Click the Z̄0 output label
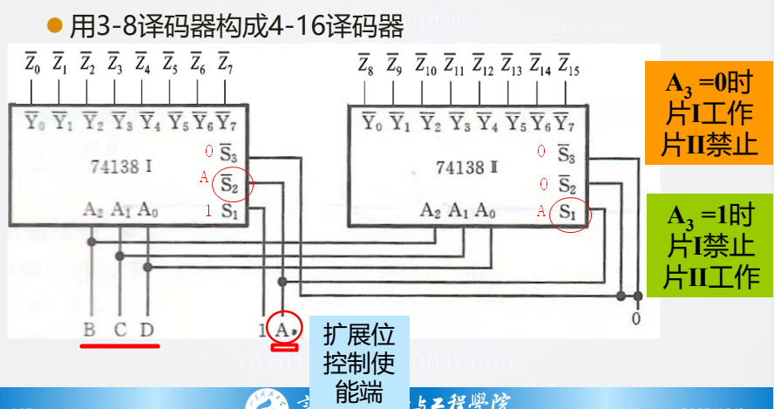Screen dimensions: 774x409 point(32,63)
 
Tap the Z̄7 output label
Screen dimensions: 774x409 point(224,63)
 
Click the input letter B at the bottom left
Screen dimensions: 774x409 point(90,330)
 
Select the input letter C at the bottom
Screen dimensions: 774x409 point(120,330)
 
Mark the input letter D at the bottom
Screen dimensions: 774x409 point(148,330)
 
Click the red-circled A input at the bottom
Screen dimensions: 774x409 point(284,329)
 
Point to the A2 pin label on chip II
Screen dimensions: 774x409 point(430,210)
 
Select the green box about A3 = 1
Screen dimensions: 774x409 point(709,246)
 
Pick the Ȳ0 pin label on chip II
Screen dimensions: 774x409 point(372,121)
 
